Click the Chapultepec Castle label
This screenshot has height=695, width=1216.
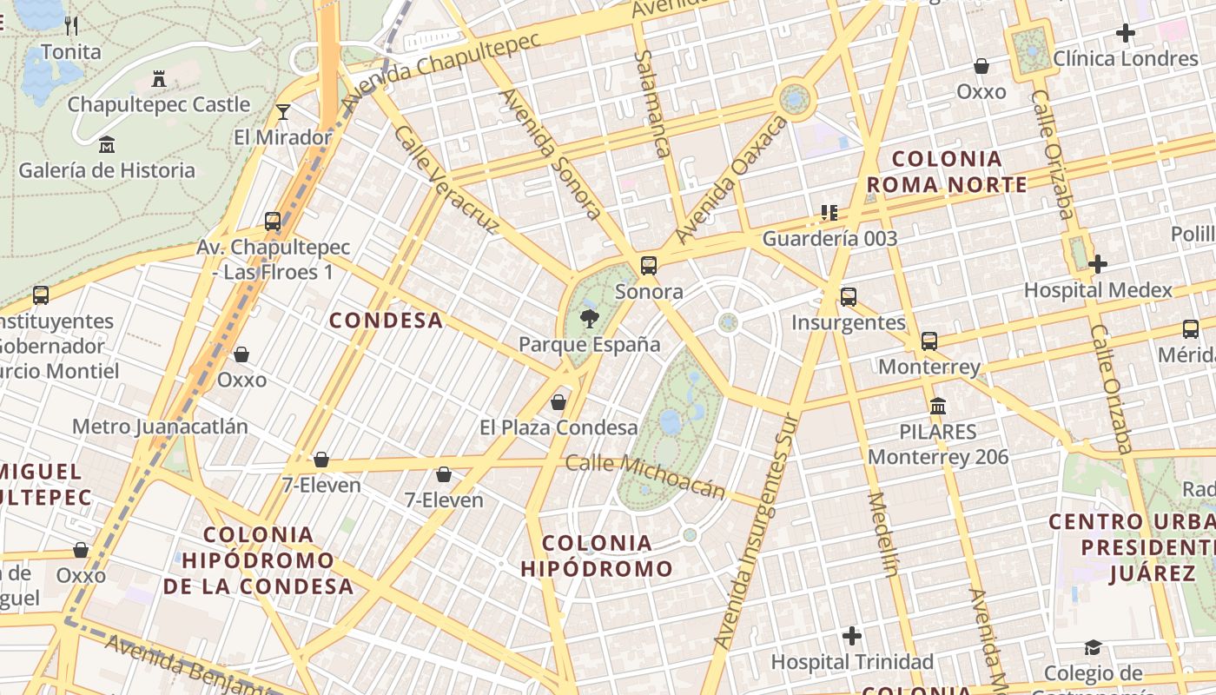[x=159, y=104]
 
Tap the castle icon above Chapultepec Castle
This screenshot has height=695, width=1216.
[x=159, y=79]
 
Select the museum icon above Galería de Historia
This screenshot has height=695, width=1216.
[x=107, y=144]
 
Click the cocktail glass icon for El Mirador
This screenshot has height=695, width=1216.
[x=283, y=111]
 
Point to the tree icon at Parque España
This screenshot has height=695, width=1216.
[x=590, y=318]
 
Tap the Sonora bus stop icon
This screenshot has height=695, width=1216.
[x=649, y=266]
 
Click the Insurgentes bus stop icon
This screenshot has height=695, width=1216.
[x=849, y=297]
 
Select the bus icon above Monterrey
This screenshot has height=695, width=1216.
[x=929, y=341]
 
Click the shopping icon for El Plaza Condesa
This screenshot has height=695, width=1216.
[x=558, y=402]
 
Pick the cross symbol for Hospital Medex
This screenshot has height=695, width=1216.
[x=1098, y=263]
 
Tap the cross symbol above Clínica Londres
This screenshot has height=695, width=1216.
[x=1126, y=33]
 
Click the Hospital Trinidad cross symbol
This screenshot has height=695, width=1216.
[x=852, y=636]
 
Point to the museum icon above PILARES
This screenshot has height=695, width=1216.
[x=938, y=406]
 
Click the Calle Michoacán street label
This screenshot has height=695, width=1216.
[x=644, y=476]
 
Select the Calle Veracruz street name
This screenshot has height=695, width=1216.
[x=446, y=180]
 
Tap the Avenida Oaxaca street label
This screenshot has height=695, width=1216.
[x=731, y=180]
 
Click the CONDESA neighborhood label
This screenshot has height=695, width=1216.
[x=387, y=321]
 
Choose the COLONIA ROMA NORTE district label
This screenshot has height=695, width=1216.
[x=947, y=171]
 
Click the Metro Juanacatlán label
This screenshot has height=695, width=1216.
[x=160, y=427]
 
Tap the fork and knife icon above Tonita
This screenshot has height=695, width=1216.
[x=71, y=26]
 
